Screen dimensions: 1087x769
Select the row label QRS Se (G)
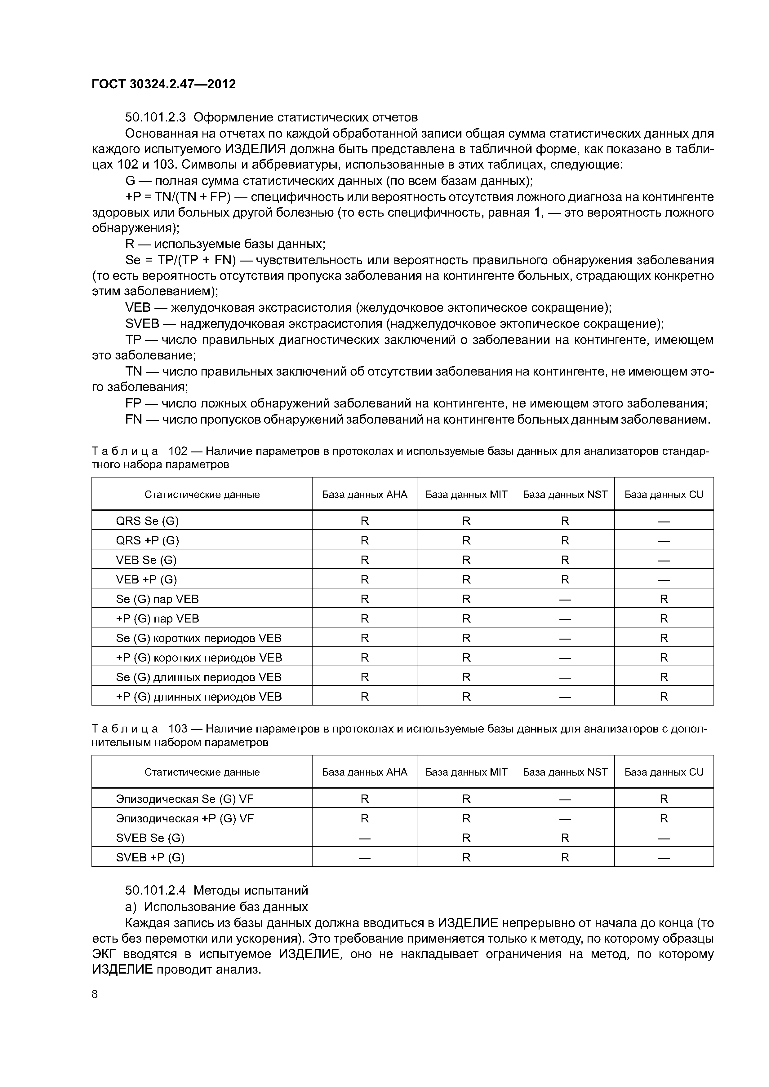coord(147,521)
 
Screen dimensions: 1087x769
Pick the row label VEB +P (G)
coord(146,579)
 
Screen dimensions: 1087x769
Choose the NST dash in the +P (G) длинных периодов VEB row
coord(565,697)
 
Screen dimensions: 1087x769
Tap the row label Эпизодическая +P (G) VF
coord(185,819)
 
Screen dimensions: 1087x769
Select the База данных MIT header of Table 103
coord(466,772)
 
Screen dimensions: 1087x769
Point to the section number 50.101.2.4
coord(155,891)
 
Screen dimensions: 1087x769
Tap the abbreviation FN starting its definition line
coord(134,420)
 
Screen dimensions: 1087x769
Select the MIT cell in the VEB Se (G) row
coord(466,560)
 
